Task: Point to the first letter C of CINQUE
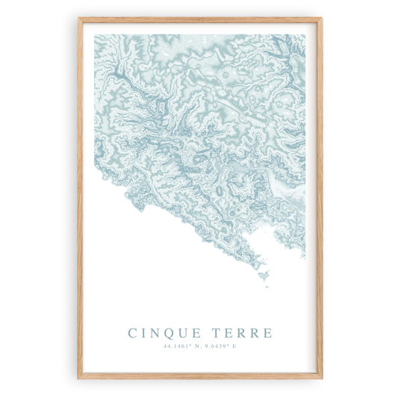click(x=133, y=332)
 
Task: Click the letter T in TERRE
click(x=217, y=332)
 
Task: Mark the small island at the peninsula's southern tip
click(x=265, y=285)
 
